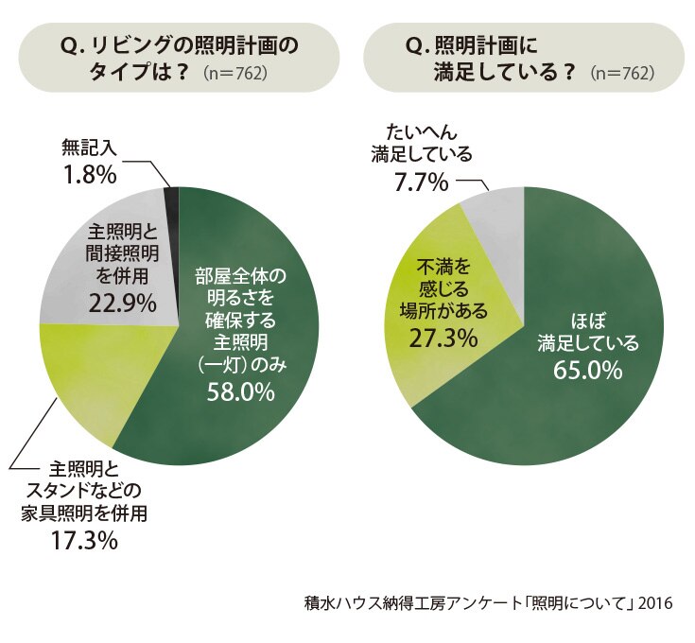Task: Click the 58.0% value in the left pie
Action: [241, 391]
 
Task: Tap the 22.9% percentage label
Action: [122, 304]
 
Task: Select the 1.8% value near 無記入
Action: [90, 176]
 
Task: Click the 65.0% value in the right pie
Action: [588, 370]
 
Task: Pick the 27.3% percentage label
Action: [443, 339]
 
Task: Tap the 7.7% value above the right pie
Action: [422, 182]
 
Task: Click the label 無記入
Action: [90, 148]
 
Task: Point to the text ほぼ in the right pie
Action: [588, 321]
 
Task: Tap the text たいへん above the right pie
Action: [422, 131]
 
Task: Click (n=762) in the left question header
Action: [235, 73]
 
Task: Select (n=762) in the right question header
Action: [622, 73]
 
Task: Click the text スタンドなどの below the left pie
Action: [84, 490]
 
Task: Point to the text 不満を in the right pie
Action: [443, 267]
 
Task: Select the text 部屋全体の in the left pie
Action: [241, 275]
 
